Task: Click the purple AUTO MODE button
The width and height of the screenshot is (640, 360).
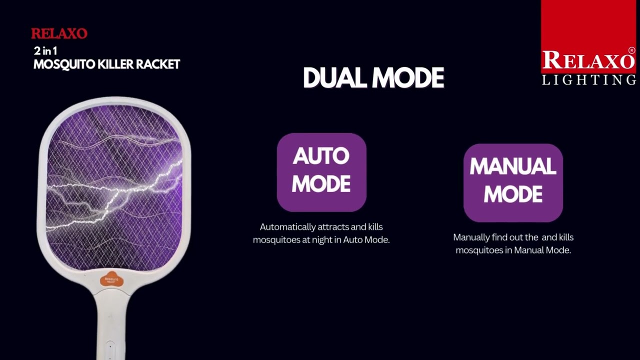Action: pyautogui.click(x=321, y=172)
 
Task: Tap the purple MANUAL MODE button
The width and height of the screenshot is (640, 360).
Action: pyautogui.click(x=513, y=182)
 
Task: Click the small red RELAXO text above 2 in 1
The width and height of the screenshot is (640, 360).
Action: pyautogui.click(x=59, y=34)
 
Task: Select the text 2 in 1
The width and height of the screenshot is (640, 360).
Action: pyautogui.click(x=45, y=50)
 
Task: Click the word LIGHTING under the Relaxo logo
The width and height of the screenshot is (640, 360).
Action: pyautogui.click(x=589, y=80)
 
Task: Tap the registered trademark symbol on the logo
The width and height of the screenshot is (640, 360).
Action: pyautogui.click(x=631, y=50)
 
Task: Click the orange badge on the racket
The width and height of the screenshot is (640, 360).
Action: pyautogui.click(x=111, y=279)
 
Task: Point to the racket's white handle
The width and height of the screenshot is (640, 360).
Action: pyautogui.click(x=111, y=320)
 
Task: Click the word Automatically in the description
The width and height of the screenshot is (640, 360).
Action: pyautogui.click(x=287, y=227)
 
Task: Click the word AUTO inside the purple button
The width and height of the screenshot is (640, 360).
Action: pyautogui.click(x=321, y=156)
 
